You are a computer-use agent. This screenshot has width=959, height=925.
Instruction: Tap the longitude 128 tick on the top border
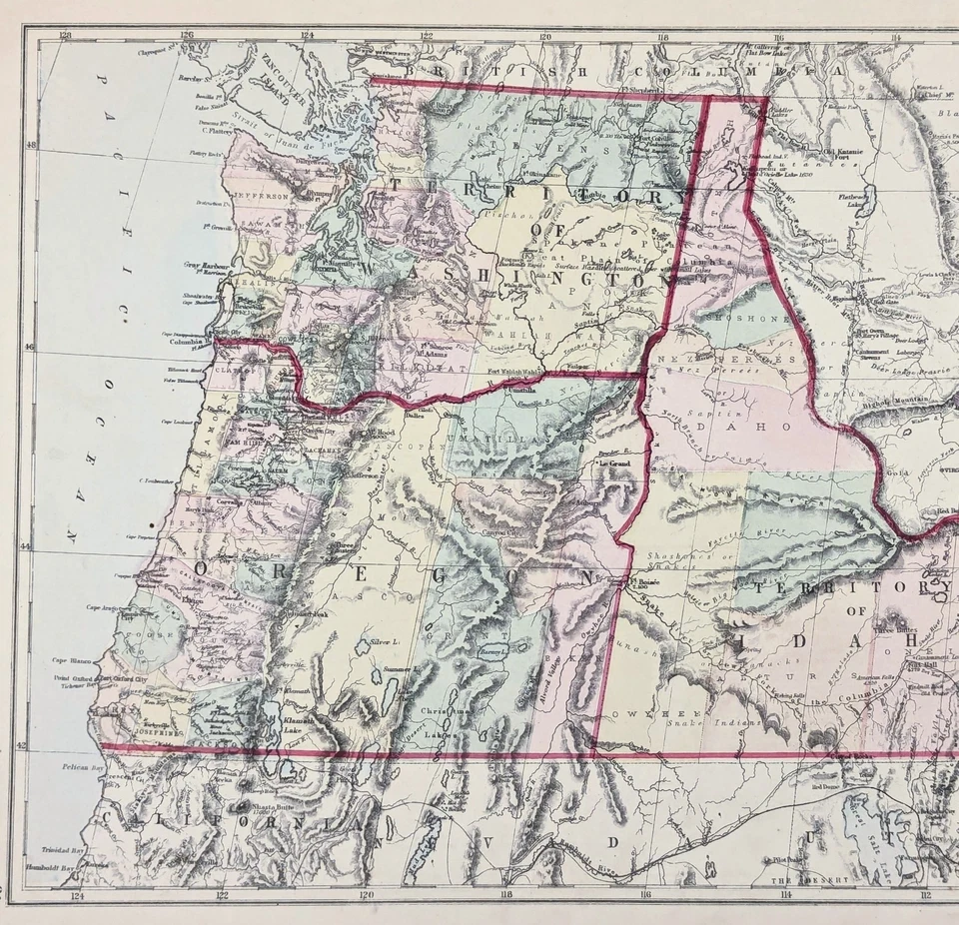point(66,37)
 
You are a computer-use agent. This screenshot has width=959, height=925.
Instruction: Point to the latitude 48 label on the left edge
point(30,146)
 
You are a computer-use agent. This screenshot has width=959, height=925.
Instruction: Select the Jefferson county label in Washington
point(262,197)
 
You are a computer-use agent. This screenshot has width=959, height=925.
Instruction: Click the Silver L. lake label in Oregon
point(386,640)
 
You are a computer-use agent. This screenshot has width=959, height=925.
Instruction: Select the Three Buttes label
point(888,630)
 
